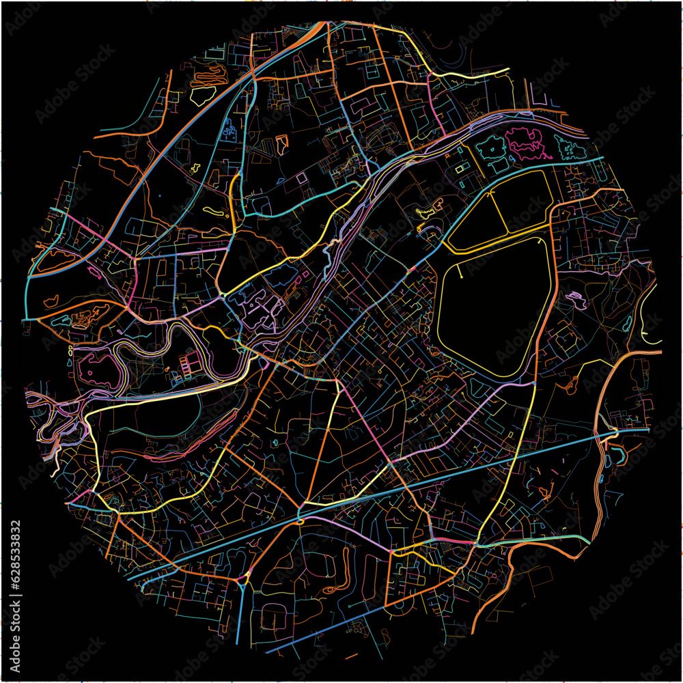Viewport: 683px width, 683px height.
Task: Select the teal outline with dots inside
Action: tap(570, 147)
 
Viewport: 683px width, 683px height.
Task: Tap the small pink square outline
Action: tap(301, 177)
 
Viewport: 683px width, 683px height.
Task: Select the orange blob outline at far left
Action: tap(51, 300)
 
